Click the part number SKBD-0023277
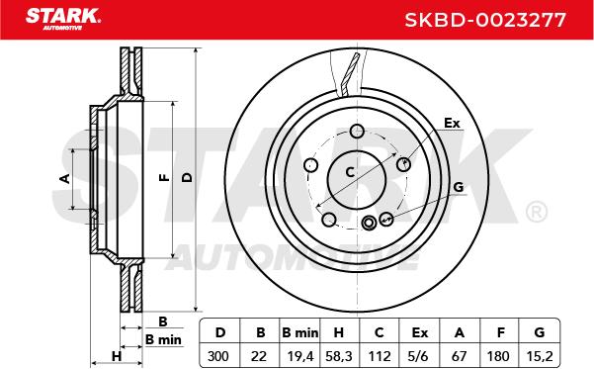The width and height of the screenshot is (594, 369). pyautogui.click(x=485, y=20)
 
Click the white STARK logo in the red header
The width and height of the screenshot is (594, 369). pyautogui.click(x=63, y=19)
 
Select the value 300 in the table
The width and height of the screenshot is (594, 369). pyautogui.click(x=218, y=356)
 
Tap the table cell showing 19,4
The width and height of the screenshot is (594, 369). pyautogui.click(x=299, y=356)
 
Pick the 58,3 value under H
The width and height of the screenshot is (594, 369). pyautogui.click(x=339, y=356)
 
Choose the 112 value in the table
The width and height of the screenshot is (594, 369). pyautogui.click(x=380, y=356)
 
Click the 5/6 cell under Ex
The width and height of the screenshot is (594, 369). pyautogui.click(x=419, y=356)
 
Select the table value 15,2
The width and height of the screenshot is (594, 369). pyautogui.click(x=540, y=356)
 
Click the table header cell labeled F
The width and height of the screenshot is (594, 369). pyautogui.click(x=501, y=332)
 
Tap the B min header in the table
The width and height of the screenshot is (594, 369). pyautogui.click(x=300, y=332)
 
